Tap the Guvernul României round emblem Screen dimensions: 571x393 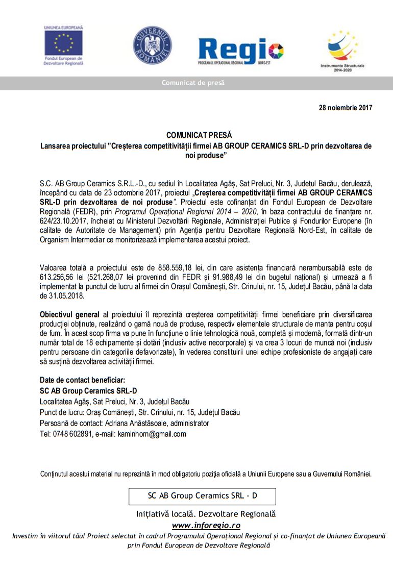click(152, 45)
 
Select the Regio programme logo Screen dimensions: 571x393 click(240, 51)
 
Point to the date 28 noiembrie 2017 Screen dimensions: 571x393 click(346, 108)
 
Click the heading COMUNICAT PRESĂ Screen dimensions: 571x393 click(199, 135)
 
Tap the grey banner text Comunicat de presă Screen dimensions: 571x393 click(193, 83)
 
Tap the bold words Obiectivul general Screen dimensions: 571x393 click(69, 314)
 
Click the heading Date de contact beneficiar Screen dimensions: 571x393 click(82, 380)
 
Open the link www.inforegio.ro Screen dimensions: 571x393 click(206, 525)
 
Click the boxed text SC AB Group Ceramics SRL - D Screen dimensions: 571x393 click(202, 495)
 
